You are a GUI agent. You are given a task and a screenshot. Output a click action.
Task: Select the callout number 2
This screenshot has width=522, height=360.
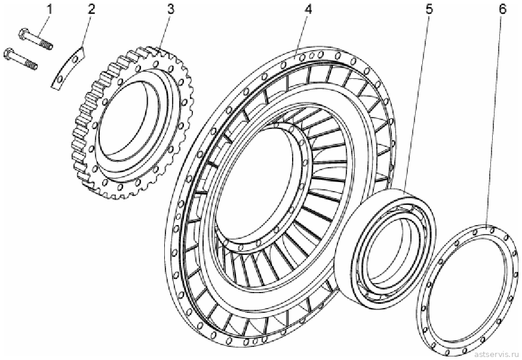click(x=91, y=10)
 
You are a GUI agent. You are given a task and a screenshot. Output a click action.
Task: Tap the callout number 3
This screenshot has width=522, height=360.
click(x=171, y=10)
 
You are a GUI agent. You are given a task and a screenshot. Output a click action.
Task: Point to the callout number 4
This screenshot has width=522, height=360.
click(x=308, y=10)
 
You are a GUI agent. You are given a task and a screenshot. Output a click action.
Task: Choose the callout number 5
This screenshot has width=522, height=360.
click(x=429, y=10)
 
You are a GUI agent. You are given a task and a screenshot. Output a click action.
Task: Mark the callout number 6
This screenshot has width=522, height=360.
click(x=502, y=10)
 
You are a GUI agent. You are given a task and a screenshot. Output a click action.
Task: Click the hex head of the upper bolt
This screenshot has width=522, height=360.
click(x=24, y=33)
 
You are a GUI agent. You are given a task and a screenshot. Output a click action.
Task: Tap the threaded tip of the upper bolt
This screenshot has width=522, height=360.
click(x=47, y=44)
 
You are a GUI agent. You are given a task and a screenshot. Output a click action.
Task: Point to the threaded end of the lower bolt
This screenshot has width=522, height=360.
click(x=32, y=64)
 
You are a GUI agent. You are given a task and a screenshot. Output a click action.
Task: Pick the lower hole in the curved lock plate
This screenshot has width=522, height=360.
click(x=59, y=79)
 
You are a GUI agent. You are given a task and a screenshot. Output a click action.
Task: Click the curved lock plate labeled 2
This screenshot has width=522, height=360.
click(x=68, y=68)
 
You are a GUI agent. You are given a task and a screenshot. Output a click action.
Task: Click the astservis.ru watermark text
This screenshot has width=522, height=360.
click(x=497, y=353)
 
